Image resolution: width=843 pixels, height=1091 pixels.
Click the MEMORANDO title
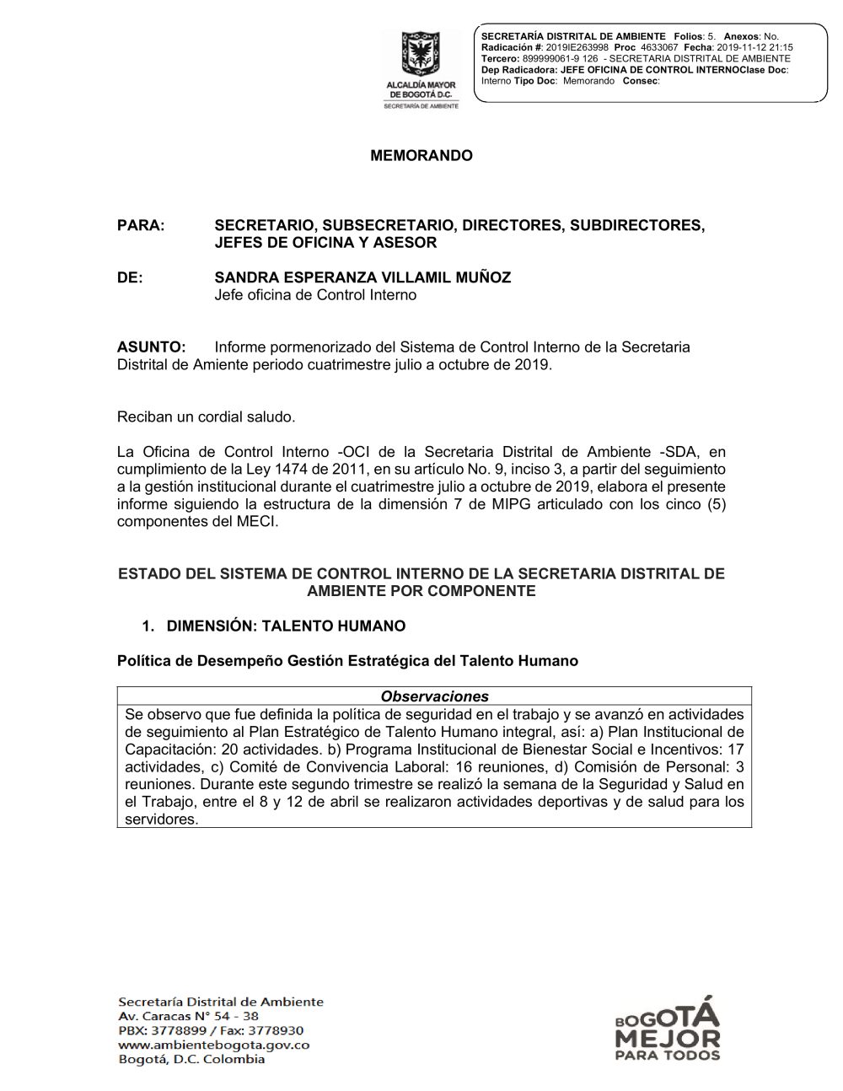(421, 156)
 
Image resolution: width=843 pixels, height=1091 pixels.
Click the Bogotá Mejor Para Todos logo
(668, 1029)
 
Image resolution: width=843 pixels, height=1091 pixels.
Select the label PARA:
(141, 226)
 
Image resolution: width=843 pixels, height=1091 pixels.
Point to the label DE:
(130, 278)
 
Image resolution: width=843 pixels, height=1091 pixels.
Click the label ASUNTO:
(151, 347)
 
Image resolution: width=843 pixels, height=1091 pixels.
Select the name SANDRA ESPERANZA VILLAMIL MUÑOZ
(362, 278)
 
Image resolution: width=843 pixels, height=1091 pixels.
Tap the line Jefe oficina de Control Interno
(315, 295)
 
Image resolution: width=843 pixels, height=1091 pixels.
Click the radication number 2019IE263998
(577, 48)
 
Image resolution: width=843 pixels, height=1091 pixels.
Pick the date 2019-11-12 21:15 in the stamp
(754, 48)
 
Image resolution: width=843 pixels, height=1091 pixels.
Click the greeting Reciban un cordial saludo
(206, 417)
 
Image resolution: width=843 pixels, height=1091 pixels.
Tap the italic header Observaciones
(434, 696)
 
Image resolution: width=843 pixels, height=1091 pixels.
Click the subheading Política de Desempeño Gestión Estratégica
(347, 661)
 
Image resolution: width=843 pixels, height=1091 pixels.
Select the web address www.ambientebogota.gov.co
(214, 1045)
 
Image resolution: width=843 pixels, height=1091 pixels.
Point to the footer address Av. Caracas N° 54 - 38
(188, 1016)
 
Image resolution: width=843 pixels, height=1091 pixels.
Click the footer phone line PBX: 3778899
(162, 1030)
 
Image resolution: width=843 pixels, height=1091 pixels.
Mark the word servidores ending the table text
(161, 820)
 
